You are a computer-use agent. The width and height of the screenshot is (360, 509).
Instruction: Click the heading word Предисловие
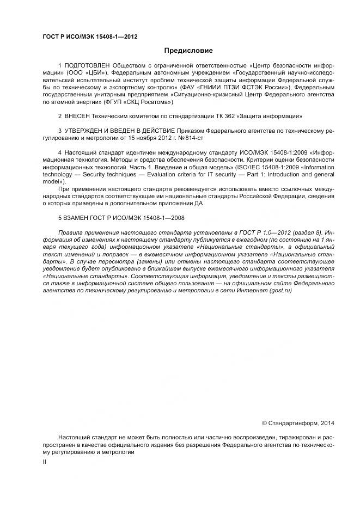(180, 51)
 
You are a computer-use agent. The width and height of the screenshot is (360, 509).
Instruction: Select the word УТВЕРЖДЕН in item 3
(87, 131)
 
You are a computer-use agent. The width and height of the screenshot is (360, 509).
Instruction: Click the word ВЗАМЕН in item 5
(78, 217)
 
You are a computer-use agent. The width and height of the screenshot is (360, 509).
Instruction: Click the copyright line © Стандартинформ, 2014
(298, 422)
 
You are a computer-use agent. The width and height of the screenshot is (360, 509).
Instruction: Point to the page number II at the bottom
(44, 462)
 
